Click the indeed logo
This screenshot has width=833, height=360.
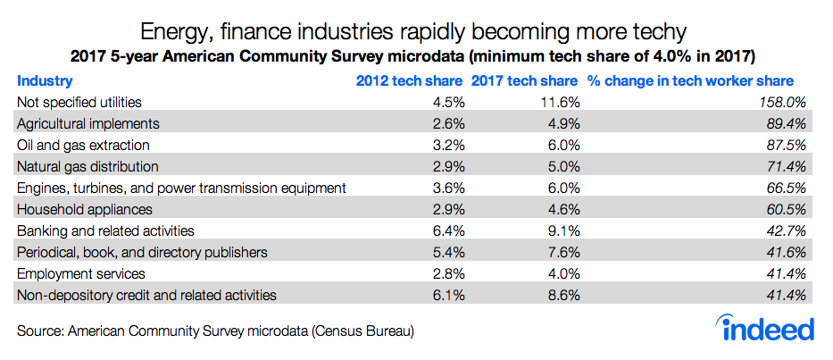[x=769, y=327]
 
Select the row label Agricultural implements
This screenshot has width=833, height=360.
[x=88, y=123]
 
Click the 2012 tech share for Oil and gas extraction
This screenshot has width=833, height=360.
[x=446, y=145]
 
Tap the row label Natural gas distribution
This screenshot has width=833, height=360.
[x=87, y=166]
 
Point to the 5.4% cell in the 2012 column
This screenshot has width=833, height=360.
[x=446, y=252]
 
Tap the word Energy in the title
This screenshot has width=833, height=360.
[x=191, y=33]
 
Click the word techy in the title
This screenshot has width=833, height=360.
[x=659, y=33]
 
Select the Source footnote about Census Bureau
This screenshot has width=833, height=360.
[x=215, y=331]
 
